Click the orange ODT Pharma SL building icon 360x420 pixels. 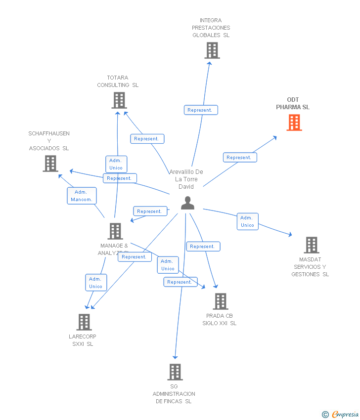coord(294,123)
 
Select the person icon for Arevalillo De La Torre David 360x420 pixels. coord(187,203)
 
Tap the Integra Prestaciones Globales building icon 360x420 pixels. coord(212,50)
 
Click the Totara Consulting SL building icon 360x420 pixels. coord(119,100)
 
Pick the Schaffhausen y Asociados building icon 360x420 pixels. coord(50,164)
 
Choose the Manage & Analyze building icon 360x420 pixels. coord(115,231)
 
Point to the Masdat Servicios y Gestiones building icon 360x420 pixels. coord(311,245)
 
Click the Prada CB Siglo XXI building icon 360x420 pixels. coord(220,301)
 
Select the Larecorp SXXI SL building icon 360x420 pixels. coord(84,322)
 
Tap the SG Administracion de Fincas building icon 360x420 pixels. coord(175,372)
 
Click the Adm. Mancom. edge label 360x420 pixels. coord(82,196)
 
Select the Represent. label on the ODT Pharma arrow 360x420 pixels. coord(239,158)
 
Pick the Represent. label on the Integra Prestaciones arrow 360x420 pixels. coord(201,110)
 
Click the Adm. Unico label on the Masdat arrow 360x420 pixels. coord(247,221)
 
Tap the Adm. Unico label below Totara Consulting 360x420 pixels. coord(116,164)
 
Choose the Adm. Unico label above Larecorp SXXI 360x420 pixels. coord(95,283)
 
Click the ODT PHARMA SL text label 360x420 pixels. coord(293,103)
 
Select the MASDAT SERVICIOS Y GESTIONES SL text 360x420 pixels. coord(310,267)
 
